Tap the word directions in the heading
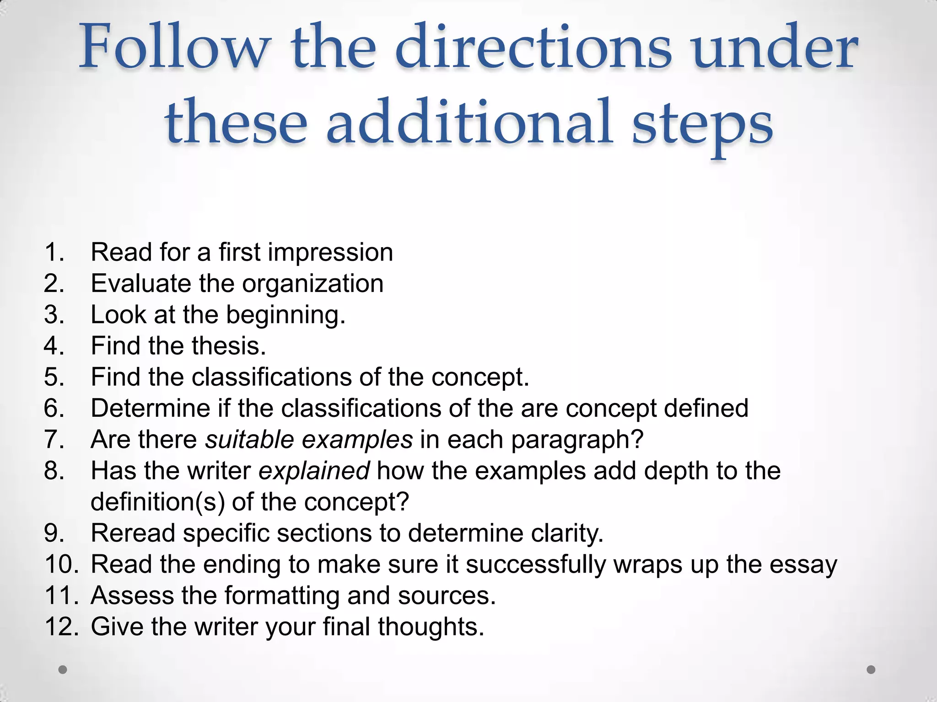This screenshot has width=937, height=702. point(533,48)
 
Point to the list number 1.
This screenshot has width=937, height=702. point(54,252)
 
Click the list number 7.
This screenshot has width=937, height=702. point(54,440)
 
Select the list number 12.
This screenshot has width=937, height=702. point(61,627)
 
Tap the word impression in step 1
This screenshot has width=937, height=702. point(330,253)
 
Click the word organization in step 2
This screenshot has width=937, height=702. point(312,284)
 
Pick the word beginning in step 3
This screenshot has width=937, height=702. point(285,315)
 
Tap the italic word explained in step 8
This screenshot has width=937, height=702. point(314,471)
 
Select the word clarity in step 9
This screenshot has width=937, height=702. point(567,533)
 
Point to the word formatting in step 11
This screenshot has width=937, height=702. point(282,596)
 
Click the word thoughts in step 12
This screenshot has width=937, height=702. point(431,627)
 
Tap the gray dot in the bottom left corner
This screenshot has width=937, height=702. point(63,670)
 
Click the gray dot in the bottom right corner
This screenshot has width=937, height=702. point(871,670)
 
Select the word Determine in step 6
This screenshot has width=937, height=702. point(150,408)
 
